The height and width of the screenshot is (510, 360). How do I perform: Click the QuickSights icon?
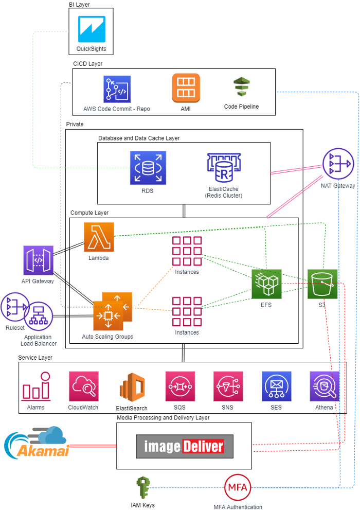point(92,29)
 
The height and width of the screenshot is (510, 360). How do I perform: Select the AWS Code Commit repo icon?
point(117,90)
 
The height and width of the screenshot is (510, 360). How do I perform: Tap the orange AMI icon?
point(186,88)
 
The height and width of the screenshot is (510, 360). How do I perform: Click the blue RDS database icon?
point(148,168)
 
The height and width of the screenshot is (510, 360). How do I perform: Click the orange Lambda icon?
point(99,237)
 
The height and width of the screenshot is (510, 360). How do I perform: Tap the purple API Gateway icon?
point(38,260)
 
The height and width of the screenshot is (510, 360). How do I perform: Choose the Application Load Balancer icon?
point(39,316)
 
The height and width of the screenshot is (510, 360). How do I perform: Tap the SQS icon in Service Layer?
point(180,386)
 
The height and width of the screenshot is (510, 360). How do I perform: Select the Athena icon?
point(324,386)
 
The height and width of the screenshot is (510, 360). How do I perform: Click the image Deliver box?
point(184,446)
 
